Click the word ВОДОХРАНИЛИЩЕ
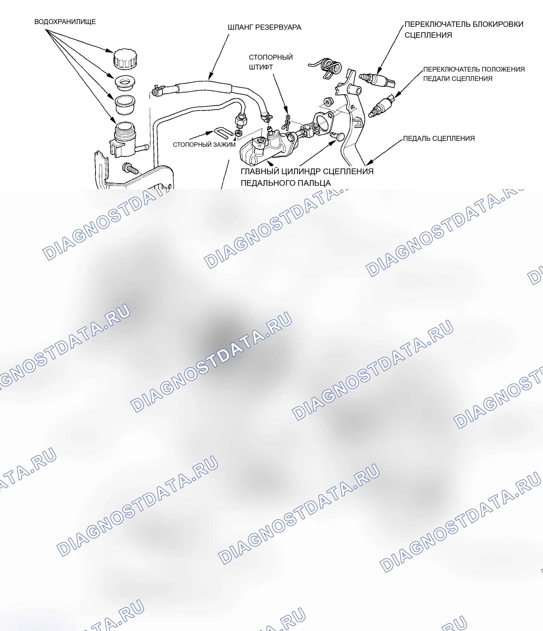coord(65,22)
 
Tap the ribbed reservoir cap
coord(125,58)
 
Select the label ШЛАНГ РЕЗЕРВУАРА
coord(265,27)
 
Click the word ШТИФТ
coord(261,67)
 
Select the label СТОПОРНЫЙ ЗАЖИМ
coord(204,145)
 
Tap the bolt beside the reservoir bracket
coord(130,168)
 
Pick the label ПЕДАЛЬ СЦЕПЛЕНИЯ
coord(439,138)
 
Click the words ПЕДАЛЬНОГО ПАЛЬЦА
coord(285,183)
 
